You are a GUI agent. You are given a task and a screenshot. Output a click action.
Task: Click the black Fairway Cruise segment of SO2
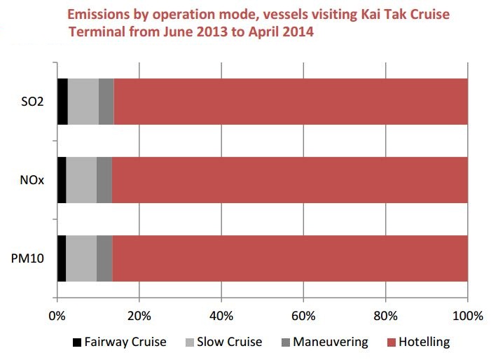coord(62,102)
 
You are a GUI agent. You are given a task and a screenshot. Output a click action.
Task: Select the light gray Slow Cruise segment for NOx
coord(81,180)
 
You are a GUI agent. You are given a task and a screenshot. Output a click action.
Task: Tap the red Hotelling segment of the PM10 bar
coord(289,258)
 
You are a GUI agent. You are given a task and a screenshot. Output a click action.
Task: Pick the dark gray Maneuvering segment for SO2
coord(106,102)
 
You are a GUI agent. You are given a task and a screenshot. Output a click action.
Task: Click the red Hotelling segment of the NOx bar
coord(289,180)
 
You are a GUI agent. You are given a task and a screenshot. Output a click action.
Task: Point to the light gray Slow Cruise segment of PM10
coord(81,258)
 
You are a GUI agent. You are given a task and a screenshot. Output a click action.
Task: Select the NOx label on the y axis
coord(34,181)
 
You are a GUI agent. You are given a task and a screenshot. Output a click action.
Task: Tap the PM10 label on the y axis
coord(31,259)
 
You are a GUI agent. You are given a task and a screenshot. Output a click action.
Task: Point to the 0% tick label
coord(57,315)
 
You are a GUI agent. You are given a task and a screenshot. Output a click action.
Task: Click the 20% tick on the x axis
coord(139,315)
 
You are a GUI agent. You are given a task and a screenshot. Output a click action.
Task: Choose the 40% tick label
coord(221,315)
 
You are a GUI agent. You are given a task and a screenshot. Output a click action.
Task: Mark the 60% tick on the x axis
coord(303,315)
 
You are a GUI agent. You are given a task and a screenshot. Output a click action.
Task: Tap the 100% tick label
coord(468,315)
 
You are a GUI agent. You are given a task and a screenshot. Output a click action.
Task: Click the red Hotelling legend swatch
coord(392,342)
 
